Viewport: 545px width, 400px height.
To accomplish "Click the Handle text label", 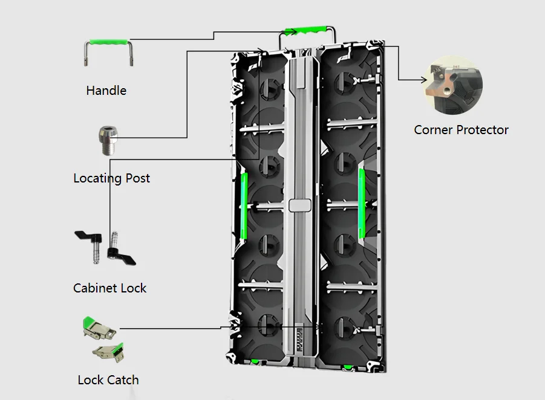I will point(106,91).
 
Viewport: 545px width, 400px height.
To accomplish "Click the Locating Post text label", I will point(111,178).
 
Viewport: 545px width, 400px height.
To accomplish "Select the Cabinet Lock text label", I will point(109,288).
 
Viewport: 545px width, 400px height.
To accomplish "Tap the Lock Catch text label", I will point(108,380).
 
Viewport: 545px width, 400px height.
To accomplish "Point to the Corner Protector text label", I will point(461,130).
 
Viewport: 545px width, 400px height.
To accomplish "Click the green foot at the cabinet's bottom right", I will point(348,366).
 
